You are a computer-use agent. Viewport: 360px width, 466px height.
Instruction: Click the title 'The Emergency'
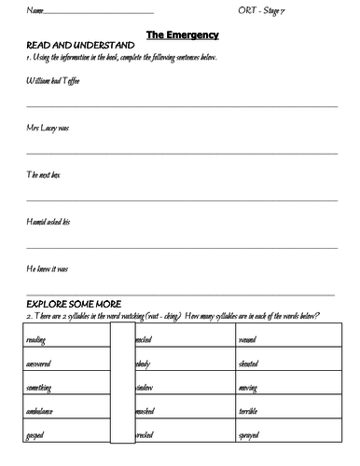(x=182, y=34)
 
